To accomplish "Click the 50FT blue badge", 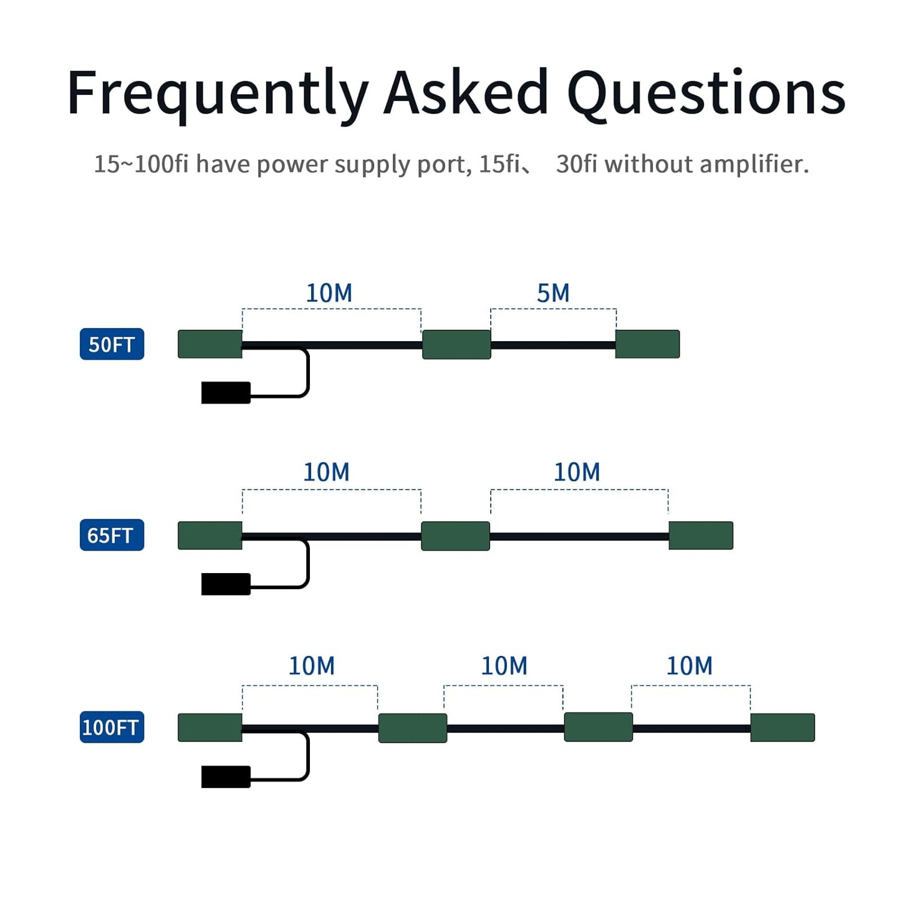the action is coord(112,344).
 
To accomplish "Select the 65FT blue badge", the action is coord(112,535).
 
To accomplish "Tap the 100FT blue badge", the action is coord(112,727).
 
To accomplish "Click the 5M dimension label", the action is coord(553,293).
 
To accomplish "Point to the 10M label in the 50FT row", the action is coord(329,293).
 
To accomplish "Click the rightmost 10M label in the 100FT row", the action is coord(689,666).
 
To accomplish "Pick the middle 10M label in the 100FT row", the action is coord(504,666).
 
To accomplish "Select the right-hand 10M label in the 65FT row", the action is coord(577,472).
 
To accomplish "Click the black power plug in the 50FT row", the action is coord(226,392).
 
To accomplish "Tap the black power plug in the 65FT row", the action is coord(226,584).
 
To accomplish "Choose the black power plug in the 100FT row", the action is coord(226,777).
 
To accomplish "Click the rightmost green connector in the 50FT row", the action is coord(647,344).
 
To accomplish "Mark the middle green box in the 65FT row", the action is coord(455,536).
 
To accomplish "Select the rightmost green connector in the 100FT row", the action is coord(783,728).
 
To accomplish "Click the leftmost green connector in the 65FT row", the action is coord(210,536).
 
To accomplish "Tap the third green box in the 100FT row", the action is coord(599,727).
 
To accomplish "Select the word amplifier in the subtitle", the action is coord(754,164).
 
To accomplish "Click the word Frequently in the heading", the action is coord(218,96).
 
